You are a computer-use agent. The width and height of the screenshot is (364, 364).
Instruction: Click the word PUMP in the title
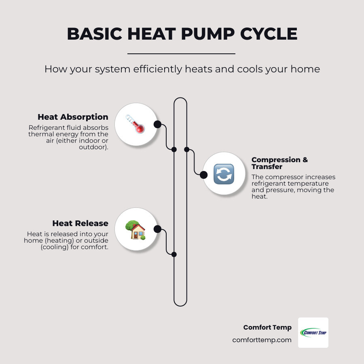[208, 34]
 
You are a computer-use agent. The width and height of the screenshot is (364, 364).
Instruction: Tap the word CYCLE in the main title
[269, 34]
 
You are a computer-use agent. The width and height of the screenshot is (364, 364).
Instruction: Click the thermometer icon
[135, 124]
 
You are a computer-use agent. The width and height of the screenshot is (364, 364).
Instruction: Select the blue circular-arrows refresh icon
[224, 174]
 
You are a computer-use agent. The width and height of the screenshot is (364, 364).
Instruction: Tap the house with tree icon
[135, 230]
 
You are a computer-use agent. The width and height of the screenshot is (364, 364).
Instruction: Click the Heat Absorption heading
[73, 117]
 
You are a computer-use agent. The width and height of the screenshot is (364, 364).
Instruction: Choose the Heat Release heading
[80, 223]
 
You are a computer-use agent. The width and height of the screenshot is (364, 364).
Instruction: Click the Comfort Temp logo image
[313, 333]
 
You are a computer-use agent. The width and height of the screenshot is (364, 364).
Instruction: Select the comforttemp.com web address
[262, 340]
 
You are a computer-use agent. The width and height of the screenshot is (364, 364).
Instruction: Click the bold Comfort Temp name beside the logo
[267, 327]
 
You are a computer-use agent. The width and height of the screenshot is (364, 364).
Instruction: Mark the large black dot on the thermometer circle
[158, 125]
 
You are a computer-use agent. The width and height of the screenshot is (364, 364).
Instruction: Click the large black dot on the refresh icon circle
[203, 175]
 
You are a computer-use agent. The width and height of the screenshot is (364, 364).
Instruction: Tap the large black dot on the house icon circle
[158, 229]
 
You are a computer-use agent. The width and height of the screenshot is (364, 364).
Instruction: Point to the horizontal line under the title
[181, 54]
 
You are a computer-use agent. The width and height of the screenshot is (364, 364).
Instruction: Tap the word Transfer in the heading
[267, 167]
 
